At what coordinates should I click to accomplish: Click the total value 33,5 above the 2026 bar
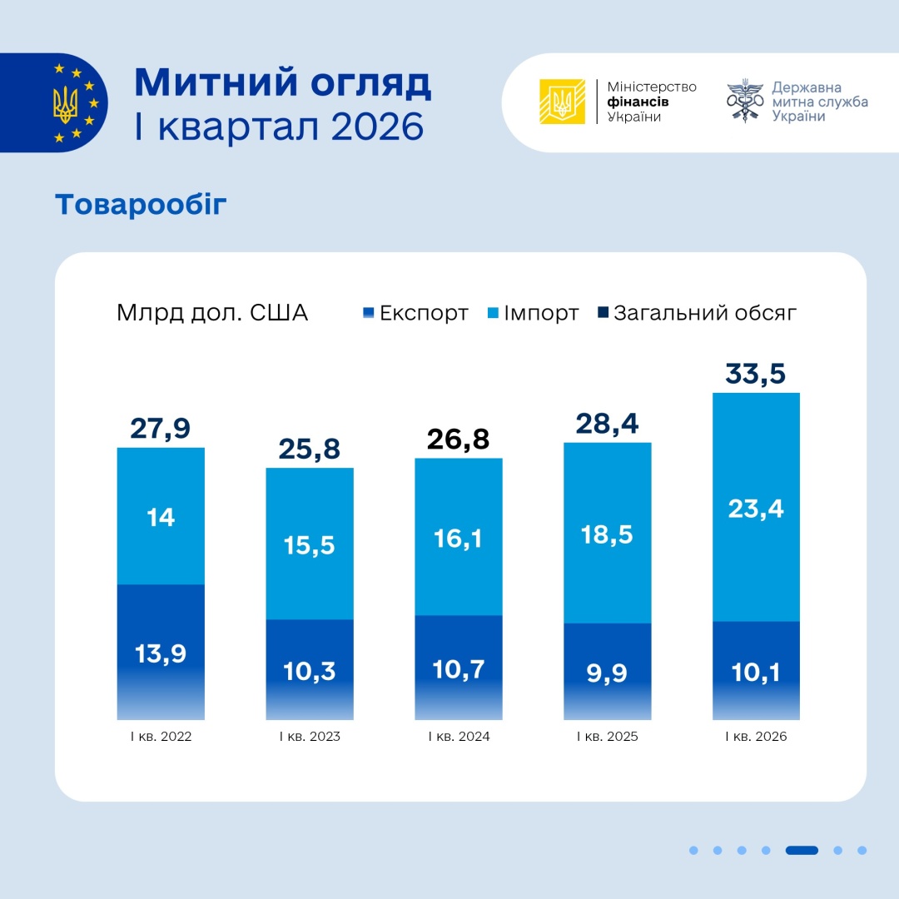tap(756, 375)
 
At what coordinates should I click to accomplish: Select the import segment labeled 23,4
tap(756, 507)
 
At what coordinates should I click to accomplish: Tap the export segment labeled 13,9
tap(161, 653)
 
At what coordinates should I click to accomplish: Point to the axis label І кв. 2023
tap(310, 737)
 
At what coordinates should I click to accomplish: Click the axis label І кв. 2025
tap(607, 737)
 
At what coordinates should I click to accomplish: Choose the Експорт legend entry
tap(415, 313)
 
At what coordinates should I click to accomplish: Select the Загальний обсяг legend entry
tap(698, 313)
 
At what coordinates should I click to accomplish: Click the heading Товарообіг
tap(141, 204)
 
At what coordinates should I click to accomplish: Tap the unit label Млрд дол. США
tap(212, 313)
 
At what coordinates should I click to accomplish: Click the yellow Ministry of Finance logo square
tap(562, 102)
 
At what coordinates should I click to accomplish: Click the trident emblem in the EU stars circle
tap(66, 103)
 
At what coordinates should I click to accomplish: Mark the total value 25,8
tap(310, 449)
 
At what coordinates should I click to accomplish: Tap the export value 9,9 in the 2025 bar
tap(607, 670)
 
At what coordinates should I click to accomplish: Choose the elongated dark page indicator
tap(802, 850)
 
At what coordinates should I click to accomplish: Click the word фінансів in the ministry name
tap(639, 102)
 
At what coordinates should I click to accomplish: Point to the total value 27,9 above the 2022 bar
tap(161, 429)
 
